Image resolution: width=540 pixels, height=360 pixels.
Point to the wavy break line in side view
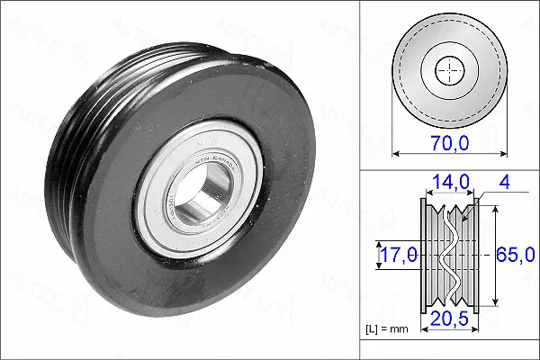tap(447, 256)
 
